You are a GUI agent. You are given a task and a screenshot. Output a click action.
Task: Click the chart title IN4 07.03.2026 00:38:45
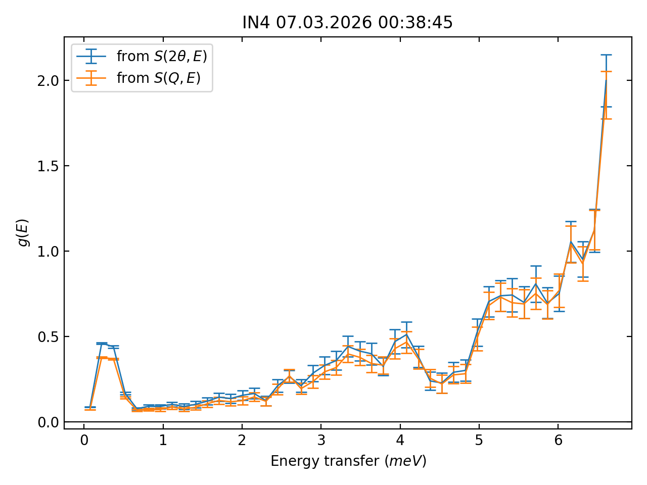coord(347,23)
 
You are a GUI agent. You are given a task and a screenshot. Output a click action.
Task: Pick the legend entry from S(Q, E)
coord(158,78)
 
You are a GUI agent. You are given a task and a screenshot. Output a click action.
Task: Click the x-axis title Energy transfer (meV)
coord(348,461)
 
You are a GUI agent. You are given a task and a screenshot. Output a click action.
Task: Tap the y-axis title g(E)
coord(23,232)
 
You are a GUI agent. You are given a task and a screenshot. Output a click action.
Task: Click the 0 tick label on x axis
coord(84,441)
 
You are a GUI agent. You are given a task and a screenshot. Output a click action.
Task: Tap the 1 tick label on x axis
coord(163,441)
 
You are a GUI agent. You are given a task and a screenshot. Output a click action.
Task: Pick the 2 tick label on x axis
coord(242,441)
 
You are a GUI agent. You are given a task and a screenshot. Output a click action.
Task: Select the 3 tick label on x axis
coord(321,441)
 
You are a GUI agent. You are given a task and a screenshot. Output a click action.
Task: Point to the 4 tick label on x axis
coord(400,441)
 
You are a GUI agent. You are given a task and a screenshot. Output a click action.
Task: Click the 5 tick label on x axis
coord(479,441)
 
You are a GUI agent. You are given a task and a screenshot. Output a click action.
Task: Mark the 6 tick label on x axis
coord(558,441)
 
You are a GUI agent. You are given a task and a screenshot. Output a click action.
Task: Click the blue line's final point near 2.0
coord(606,80)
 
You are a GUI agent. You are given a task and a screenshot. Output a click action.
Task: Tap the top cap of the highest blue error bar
coord(606,55)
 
